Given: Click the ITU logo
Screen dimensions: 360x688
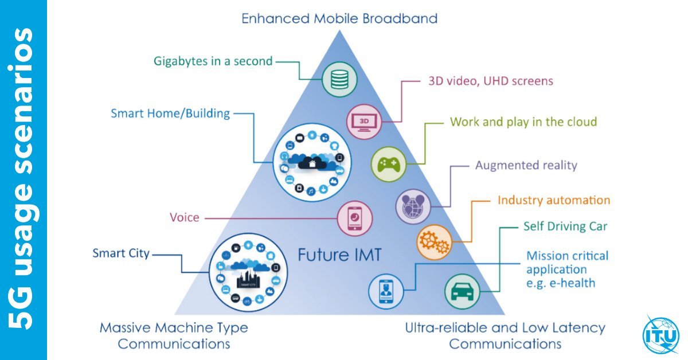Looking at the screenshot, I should pos(660,334).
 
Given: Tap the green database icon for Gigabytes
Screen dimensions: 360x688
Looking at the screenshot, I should pos(340,79).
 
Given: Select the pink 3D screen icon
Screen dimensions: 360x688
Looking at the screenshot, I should pos(363,121).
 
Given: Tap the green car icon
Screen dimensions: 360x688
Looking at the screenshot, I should pos(462,291).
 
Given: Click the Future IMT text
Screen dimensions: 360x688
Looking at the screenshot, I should pos(339,255).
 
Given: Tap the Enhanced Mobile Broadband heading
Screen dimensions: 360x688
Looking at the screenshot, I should pos(339,18).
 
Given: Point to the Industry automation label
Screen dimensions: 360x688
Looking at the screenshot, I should pos(553,200).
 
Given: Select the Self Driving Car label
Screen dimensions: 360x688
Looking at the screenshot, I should pos(565,226).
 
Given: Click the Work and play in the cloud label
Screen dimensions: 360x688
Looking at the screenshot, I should pos(523,122).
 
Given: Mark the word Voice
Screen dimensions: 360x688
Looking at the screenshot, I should pos(184,217).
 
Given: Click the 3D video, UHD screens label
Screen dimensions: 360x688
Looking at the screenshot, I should pos(490,81).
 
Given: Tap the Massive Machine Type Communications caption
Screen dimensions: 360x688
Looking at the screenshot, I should pos(174,336).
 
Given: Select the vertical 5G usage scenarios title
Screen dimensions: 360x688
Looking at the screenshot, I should pos(23,180).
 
